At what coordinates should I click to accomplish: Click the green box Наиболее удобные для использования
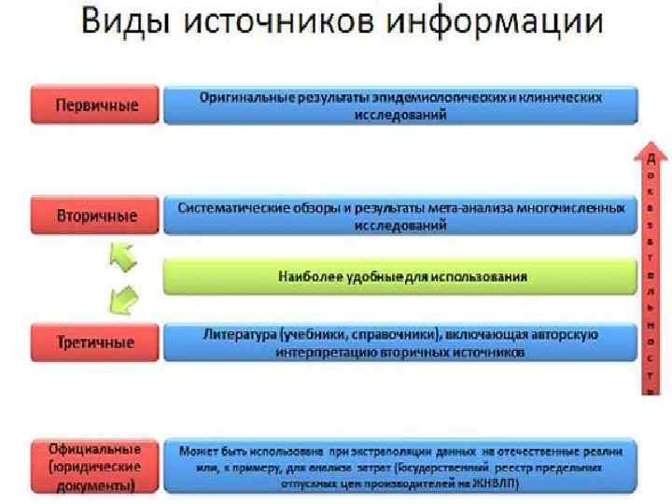pos(401,276)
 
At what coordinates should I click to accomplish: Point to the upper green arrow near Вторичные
pos(122,254)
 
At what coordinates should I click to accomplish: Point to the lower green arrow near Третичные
pos(122,300)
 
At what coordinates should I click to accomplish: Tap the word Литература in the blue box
pos(233,332)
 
